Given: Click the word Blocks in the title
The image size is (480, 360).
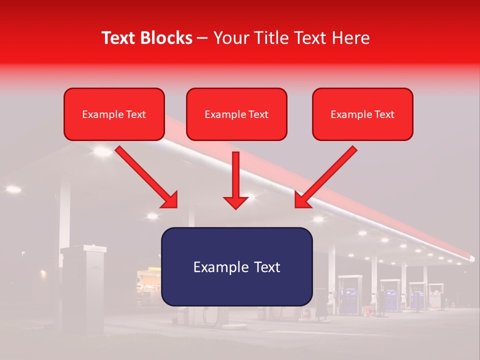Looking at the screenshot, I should tap(167, 38).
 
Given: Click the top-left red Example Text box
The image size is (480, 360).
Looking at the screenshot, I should tap(114, 114).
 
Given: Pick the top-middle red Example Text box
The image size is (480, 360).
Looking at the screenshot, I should tap(236, 114).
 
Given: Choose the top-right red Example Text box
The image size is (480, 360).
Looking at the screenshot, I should tap(362, 114).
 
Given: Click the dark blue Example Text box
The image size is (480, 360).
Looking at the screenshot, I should tap(236, 266).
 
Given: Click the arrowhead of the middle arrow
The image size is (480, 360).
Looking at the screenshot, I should tap(235, 201).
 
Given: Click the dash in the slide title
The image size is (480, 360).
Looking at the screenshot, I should tap(203, 38).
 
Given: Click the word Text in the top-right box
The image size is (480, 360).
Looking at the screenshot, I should tap(384, 114).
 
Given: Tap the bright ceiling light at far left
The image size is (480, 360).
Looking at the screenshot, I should tap(13, 189).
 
